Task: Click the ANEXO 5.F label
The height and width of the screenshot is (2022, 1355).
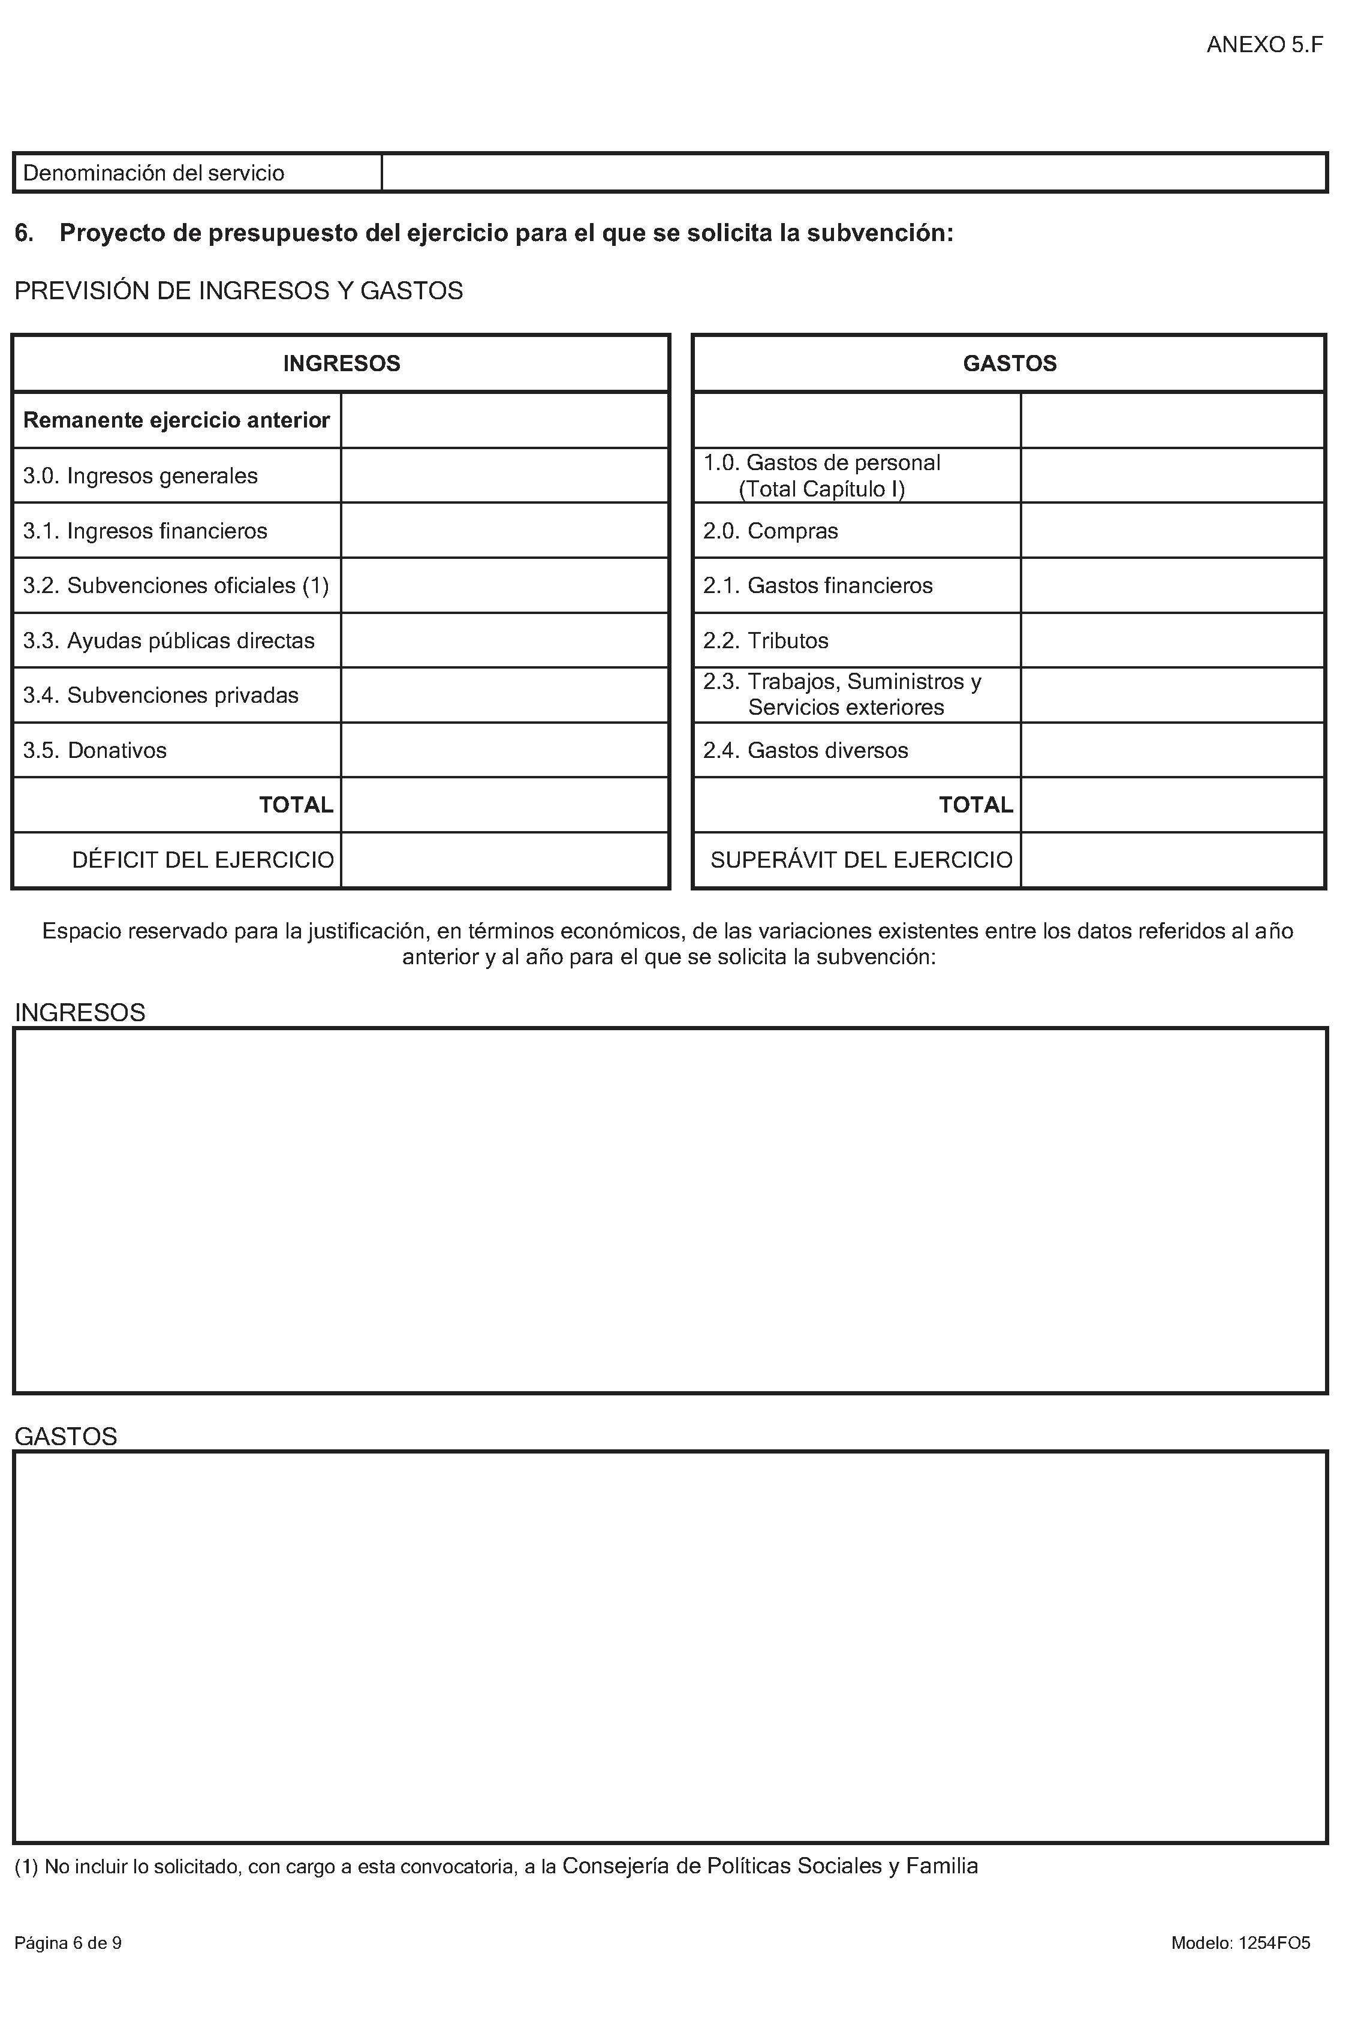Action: [1264, 45]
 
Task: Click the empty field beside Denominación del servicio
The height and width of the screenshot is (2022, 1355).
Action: [854, 173]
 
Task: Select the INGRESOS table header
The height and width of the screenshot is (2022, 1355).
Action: [341, 364]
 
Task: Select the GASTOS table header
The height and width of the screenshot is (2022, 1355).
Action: [1009, 364]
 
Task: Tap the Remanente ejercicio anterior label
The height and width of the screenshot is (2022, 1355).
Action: [176, 420]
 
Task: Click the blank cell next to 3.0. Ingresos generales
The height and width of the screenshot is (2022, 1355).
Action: [505, 476]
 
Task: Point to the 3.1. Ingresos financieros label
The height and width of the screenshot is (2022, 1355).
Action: [145, 531]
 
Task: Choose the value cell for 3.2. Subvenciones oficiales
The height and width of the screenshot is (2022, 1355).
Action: [505, 586]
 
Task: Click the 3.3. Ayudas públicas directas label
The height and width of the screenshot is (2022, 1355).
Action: [168, 640]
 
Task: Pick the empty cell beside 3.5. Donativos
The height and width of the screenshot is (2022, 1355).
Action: [505, 750]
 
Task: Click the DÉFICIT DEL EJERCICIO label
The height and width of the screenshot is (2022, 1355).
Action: [203, 860]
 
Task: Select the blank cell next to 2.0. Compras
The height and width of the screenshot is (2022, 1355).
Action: [1173, 531]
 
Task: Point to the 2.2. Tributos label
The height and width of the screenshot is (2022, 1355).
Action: [766, 640]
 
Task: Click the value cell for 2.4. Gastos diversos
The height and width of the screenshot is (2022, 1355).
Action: [1173, 750]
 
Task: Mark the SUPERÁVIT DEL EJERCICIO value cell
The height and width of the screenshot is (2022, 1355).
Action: [1173, 860]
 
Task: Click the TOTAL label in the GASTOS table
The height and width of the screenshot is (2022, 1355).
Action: [975, 805]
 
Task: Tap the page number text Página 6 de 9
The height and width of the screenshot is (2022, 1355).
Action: [68, 1943]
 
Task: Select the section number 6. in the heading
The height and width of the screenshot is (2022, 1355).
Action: [24, 233]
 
